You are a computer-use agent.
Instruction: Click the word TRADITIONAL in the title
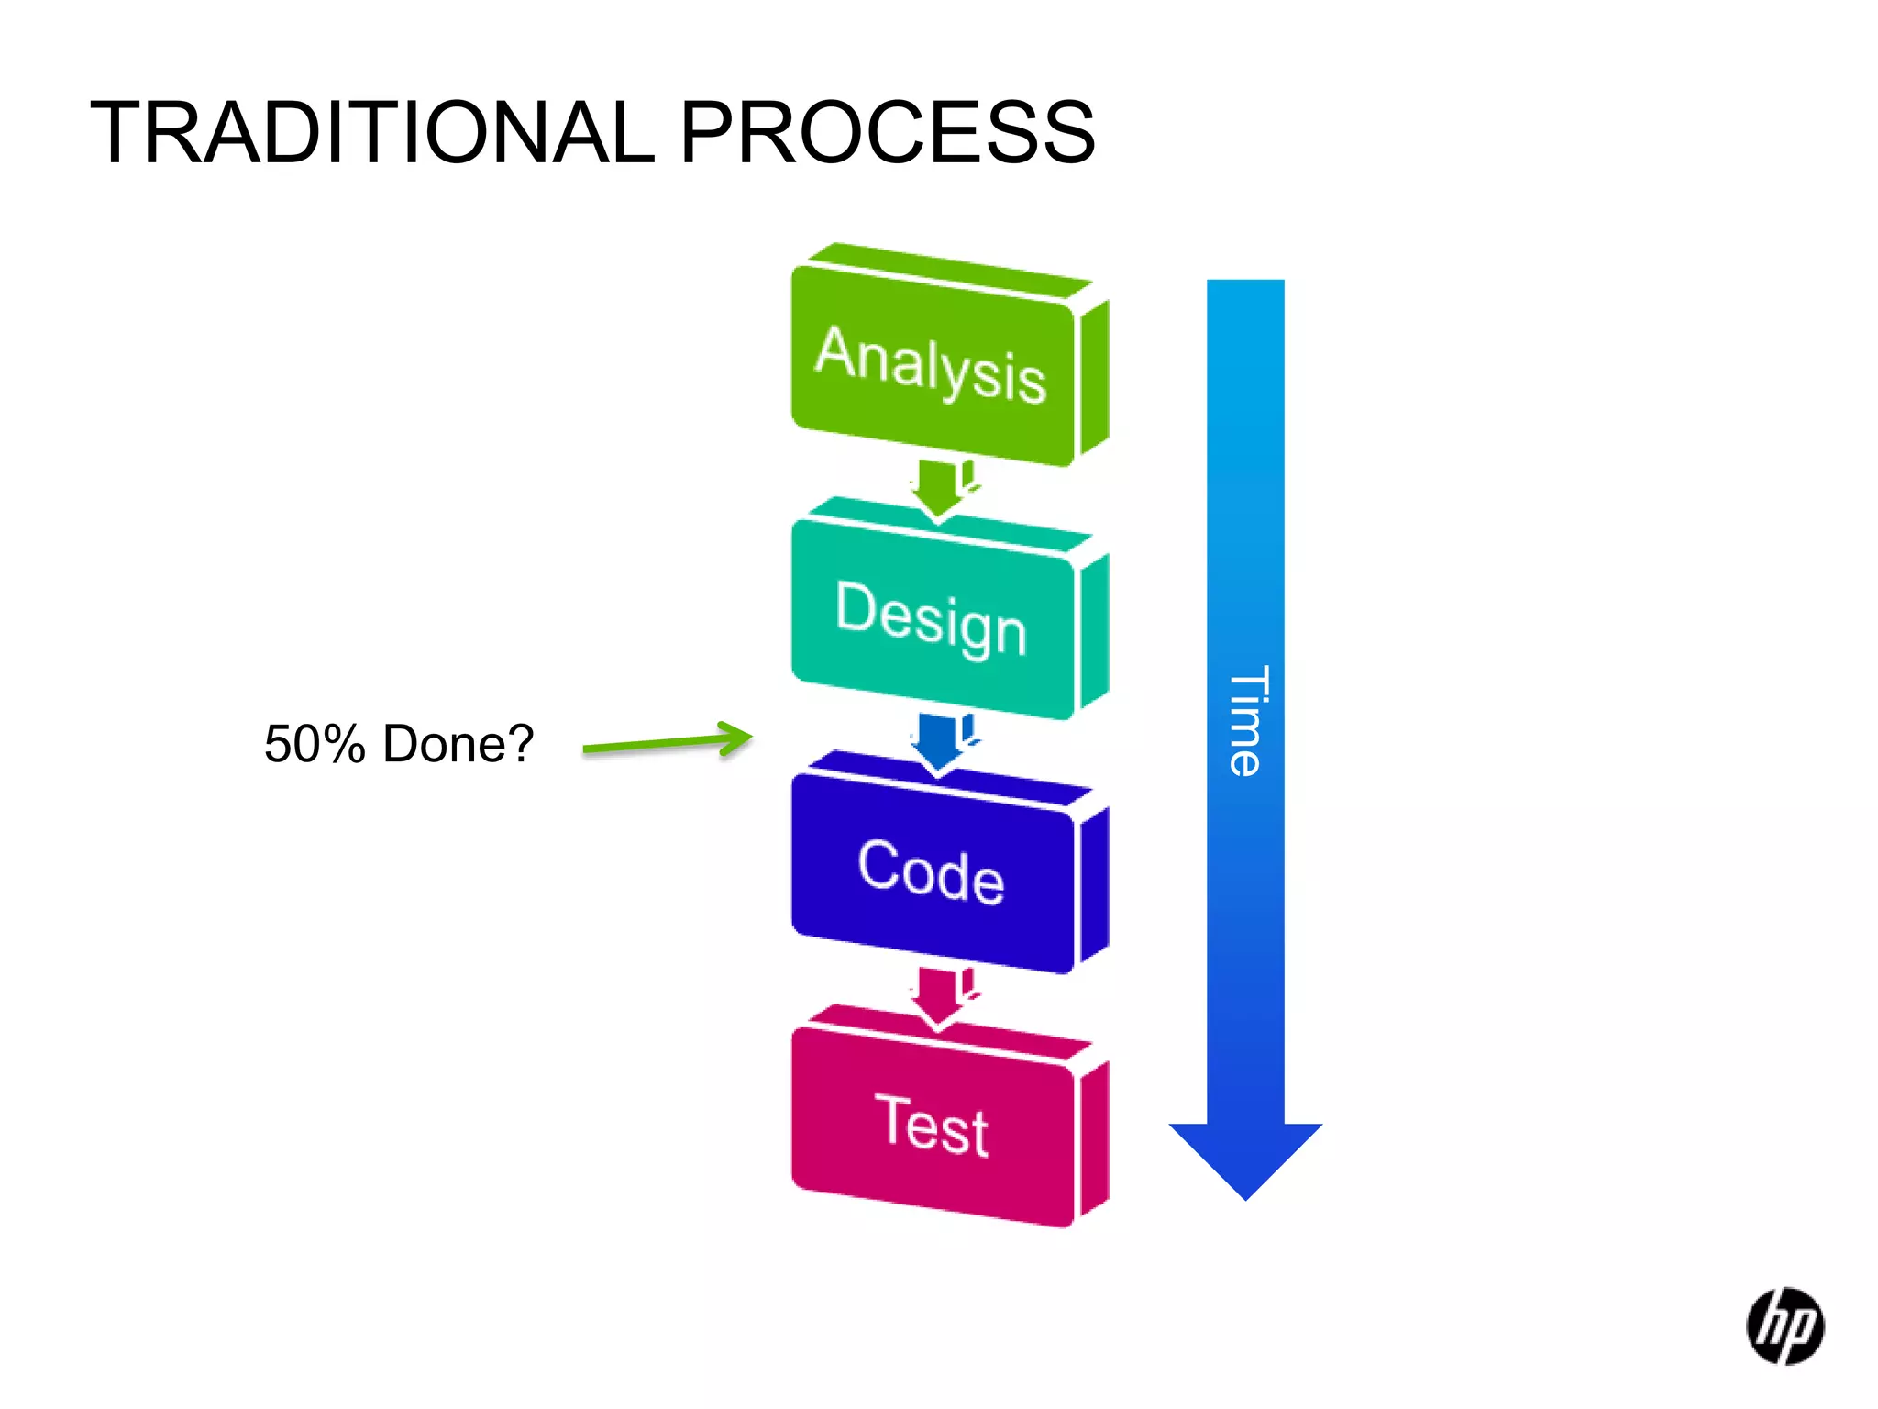[x=372, y=133]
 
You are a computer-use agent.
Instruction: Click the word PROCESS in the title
[x=887, y=133]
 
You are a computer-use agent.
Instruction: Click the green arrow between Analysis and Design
[x=938, y=487]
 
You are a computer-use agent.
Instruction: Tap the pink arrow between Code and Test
[x=938, y=996]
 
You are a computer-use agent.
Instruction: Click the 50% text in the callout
[x=315, y=744]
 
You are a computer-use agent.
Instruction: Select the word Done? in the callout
[x=458, y=743]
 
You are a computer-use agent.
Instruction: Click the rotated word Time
[x=1247, y=721]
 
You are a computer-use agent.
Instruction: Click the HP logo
[x=1784, y=1326]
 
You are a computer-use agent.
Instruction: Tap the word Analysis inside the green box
[x=931, y=365]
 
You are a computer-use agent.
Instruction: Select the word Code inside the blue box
[x=931, y=871]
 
